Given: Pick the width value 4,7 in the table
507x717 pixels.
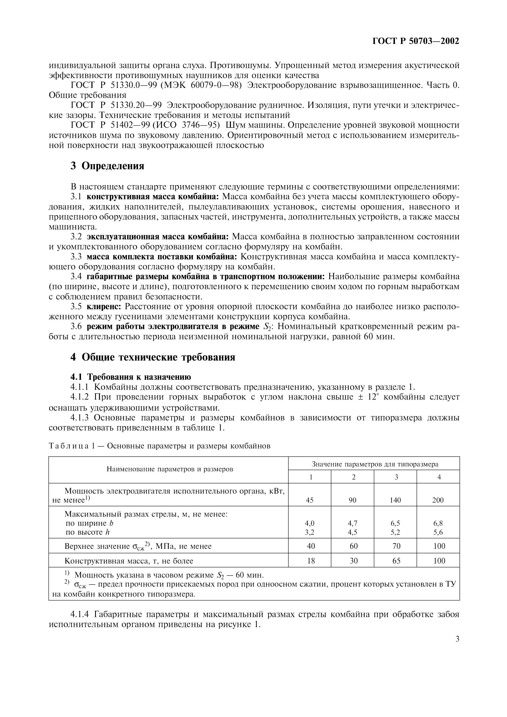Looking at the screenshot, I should click(x=352, y=523).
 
